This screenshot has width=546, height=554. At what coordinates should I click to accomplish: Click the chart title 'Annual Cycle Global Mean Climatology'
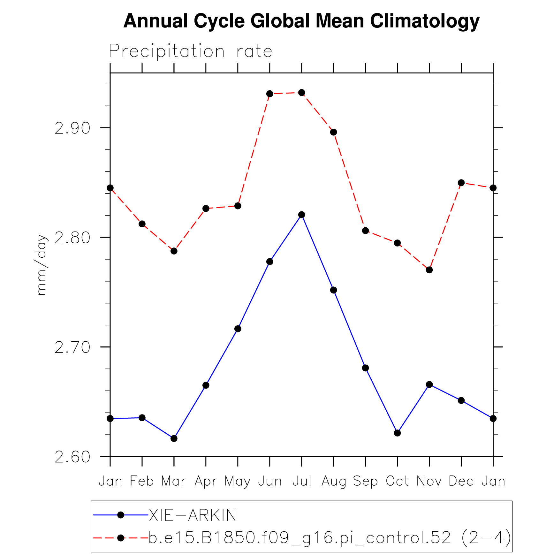coord(301,21)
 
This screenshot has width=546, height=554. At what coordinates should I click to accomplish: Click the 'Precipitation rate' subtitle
coord(190,51)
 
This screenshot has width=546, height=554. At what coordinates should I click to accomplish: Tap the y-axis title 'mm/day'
coord(41,265)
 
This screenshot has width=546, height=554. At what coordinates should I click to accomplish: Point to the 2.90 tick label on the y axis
coord(72,128)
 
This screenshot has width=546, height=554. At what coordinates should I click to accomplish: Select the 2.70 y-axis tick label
coord(72,347)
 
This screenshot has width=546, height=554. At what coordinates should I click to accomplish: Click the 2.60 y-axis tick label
coord(72,457)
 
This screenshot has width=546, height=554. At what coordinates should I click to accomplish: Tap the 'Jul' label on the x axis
coord(302,481)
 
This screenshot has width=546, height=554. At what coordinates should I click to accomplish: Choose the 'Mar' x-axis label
coord(174,481)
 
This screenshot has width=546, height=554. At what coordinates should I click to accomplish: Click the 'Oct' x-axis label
coord(397,481)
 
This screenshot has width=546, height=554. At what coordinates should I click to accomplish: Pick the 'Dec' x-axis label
coord(461,481)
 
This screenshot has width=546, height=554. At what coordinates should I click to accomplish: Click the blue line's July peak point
coord(302,215)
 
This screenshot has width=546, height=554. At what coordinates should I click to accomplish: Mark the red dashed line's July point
coord(302,93)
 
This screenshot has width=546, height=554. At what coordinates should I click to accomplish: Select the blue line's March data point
coord(174,438)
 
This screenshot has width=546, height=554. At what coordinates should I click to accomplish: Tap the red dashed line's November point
coord(429,270)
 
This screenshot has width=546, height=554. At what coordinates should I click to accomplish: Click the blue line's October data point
coord(398,433)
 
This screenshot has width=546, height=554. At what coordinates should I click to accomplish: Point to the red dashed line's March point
coord(174,251)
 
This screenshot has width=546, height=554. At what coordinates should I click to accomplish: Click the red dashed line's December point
coord(461,183)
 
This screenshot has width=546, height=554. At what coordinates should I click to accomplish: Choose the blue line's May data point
coord(238,329)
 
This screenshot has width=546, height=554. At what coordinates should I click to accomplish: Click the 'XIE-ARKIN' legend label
coord(193,515)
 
